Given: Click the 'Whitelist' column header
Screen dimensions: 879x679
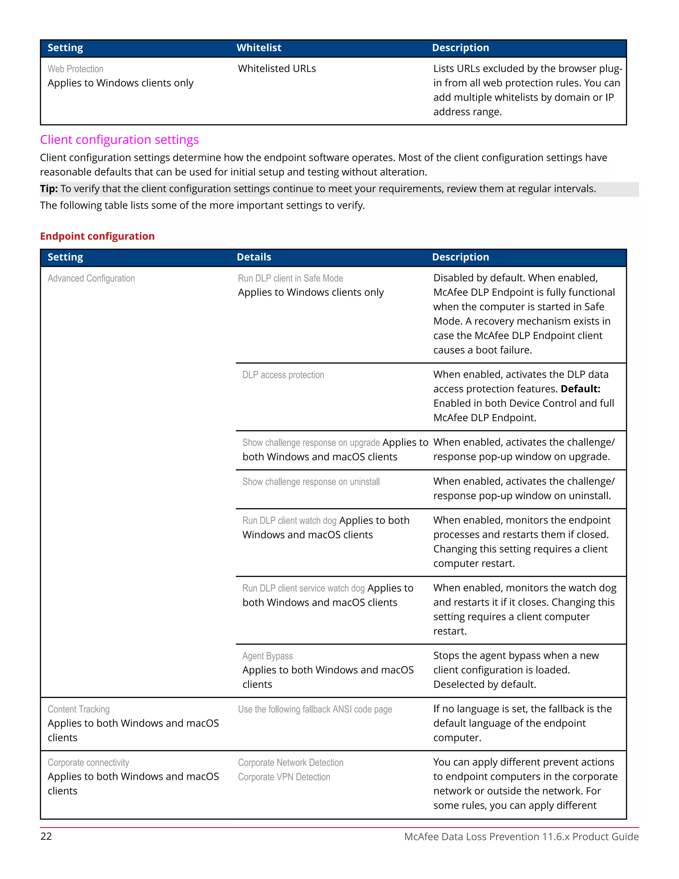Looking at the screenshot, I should (x=259, y=48).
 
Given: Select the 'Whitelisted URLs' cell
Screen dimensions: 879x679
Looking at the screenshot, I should (x=277, y=69).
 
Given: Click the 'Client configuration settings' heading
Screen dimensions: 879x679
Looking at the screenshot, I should (x=119, y=140).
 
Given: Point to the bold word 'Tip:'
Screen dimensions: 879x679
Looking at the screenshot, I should (x=49, y=189).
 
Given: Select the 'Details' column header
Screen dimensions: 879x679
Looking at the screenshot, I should (x=254, y=257).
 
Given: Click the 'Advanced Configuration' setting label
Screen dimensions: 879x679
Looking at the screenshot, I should (x=91, y=279).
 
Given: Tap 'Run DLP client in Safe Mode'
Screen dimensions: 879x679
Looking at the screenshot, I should (x=290, y=279).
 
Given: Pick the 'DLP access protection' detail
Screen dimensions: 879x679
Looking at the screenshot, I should (x=283, y=375).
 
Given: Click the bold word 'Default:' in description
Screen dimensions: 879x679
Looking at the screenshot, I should (x=580, y=389).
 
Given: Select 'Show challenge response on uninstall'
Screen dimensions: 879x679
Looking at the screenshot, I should (x=311, y=482).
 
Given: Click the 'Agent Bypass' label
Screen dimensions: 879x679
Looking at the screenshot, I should (x=267, y=656).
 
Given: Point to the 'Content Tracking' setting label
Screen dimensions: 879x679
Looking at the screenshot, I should (x=79, y=709).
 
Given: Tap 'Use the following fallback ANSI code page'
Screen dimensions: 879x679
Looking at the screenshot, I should (x=315, y=709).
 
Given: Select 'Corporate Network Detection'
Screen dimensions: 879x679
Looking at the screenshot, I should (x=290, y=763).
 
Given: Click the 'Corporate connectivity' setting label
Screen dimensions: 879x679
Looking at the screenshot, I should (x=88, y=763).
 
